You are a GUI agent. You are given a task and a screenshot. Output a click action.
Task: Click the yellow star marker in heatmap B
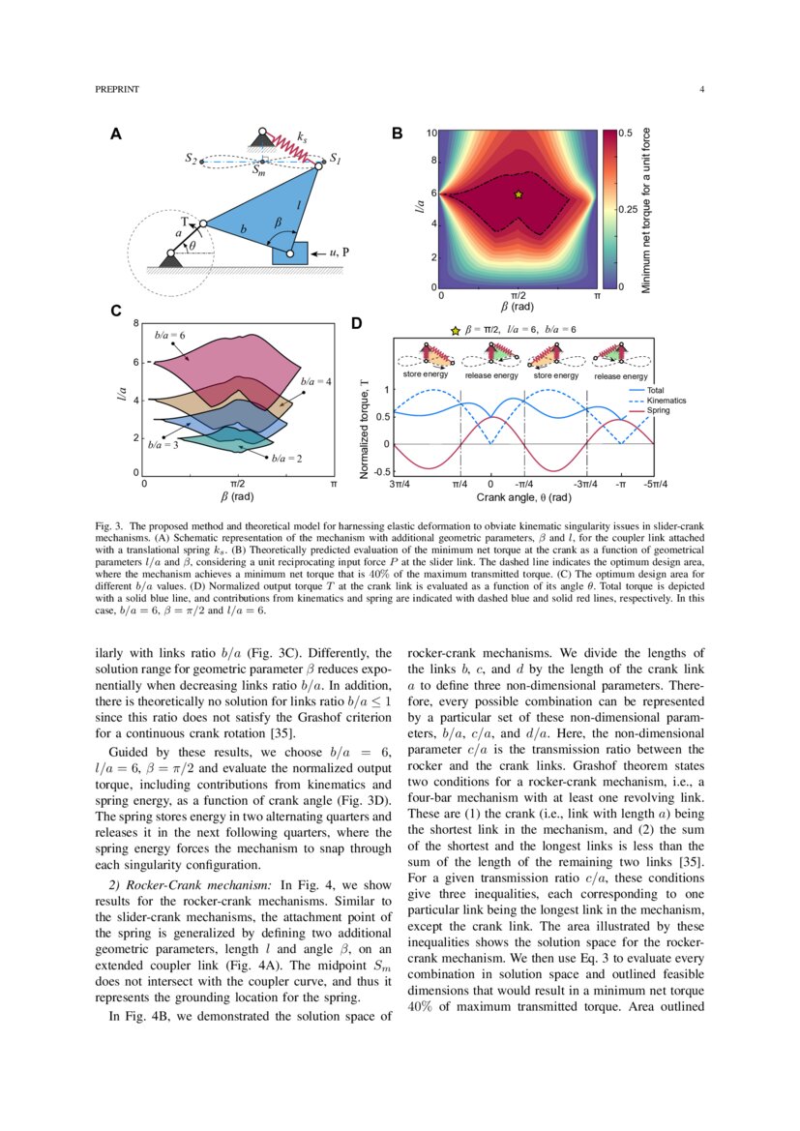pyautogui.click(x=519, y=194)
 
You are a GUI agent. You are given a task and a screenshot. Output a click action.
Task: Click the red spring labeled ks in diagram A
pyautogui.click(x=287, y=147)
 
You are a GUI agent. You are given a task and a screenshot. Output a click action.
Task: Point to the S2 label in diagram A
pyautogui.click(x=192, y=160)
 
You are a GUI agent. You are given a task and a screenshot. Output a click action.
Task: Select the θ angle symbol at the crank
pyautogui.click(x=192, y=246)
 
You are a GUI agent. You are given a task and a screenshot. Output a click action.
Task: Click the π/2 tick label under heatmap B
pyautogui.click(x=518, y=295)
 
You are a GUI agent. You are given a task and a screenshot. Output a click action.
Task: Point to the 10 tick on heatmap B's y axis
pyautogui.click(x=432, y=133)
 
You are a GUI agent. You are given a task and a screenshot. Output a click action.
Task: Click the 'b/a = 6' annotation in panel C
pyautogui.click(x=170, y=334)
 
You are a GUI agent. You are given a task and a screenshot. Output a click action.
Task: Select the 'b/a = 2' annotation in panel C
pyautogui.click(x=287, y=457)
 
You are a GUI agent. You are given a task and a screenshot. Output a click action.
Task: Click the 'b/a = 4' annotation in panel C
pyautogui.click(x=316, y=382)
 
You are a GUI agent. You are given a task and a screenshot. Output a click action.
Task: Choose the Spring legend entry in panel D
pyautogui.click(x=658, y=410)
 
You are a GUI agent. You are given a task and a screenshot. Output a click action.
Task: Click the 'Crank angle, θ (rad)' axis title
pyautogui.click(x=523, y=497)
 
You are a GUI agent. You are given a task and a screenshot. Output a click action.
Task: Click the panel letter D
pyautogui.click(x=356, y=323)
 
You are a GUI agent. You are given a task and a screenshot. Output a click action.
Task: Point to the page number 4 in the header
pyautogui.click(x=700, y=90)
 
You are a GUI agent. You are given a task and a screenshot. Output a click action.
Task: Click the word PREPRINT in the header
pyautogui.click(x=117, y=90)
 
